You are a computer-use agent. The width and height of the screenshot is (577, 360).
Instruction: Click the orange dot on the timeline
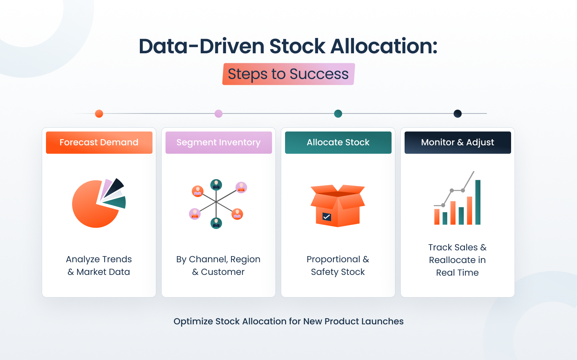[x=99, y=113]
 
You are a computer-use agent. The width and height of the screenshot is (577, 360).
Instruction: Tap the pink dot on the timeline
[x=218, y=113]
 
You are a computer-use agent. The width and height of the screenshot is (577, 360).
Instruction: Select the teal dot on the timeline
[x=338, y=113]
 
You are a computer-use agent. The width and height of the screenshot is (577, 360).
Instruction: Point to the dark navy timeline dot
[x=457, y=113]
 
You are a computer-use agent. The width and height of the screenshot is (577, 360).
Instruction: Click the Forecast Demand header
[x=99, y=143]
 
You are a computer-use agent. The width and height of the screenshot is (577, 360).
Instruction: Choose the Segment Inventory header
[x=218, y=143]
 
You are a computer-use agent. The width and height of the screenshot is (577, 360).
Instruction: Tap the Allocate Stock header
[x=338, y=143]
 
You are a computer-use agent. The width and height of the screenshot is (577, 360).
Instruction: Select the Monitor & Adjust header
[x=457, y=143]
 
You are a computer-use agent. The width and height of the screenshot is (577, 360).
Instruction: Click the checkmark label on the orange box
[x=326, y=217]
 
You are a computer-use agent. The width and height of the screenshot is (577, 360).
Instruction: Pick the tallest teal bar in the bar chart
[x=478, y=202]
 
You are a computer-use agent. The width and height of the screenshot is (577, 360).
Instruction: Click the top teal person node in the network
[x=216, y=185]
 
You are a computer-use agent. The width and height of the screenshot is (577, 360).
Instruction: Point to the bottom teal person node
[x=216, y=222]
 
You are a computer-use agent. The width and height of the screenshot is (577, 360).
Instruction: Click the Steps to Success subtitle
[x=288, y=74]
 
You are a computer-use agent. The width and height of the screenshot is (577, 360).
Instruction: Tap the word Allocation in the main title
[x=384, y=46]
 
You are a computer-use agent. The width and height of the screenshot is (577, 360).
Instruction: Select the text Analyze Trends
[x=99, y=260]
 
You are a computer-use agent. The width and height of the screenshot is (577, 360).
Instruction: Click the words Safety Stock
[x=338, y=272]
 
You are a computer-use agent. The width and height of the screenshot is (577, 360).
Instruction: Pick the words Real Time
[x=457, y=273]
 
